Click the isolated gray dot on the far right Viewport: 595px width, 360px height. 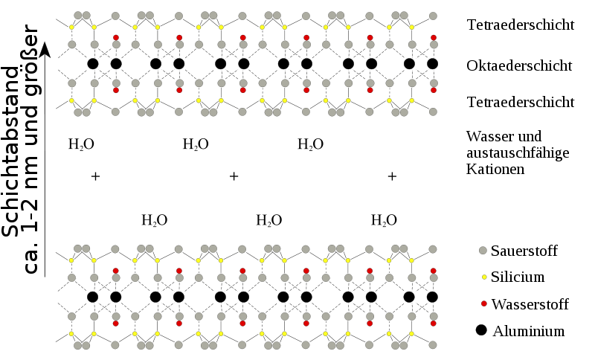pyautogui.click(x=483, y=251)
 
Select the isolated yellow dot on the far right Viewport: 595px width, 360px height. pyautogui.click(x=484, y=277)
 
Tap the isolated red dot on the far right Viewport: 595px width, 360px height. pyautogui.click(x=484, y=303)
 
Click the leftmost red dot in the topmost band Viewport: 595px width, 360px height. pyautogui.click(x=116, y=37)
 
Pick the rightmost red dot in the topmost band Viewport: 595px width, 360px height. pyautogui.click(x=434, y=37)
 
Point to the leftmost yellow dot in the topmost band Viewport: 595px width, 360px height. pyautogui.click(x=71, y=28)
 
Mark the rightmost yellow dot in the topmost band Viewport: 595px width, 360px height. pyautogui.click(x=411, y=28)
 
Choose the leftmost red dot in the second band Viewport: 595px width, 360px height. pyautogui.click(x=116, y=90)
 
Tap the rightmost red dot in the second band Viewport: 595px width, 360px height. pyautogui.click(x=434, y=90)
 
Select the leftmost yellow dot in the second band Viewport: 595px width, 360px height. pyautogui.click(x=71, y=100)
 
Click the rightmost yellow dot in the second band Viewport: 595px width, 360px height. pyautogui.click(x=411, y=100)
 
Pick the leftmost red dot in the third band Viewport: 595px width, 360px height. pyautogui.click(x=115, y=271)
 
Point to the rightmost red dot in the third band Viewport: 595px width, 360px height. pyautogui.click(x=434, y=271)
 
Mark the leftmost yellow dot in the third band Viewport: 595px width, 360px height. pyautogui.click(x=71, y=260)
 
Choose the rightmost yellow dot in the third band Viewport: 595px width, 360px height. pyautogui.click(x=411, y=260)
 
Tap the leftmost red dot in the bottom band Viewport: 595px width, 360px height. pyautogui.click(x=115, y=324)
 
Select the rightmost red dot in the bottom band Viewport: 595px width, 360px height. pyautogui.click(x=434, y=324)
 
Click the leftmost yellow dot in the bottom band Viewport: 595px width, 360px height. pyautogui.click(x=71, y=334)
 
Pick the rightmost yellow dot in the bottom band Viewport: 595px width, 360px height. pyautogui.click(x=411, y=334)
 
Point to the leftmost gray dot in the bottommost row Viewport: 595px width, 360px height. pyautogui.click(x=77, y=345)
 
